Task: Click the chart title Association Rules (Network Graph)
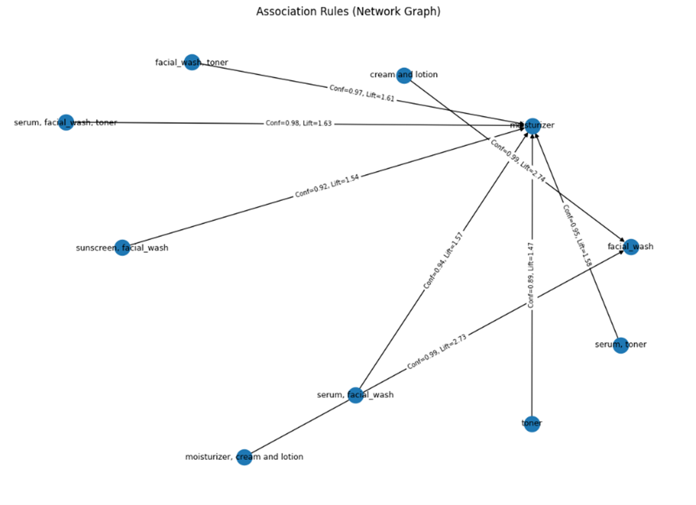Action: (348, 11)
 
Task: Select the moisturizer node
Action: (532, 126)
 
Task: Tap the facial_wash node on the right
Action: (631, 247)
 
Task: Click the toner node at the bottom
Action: (532, 423)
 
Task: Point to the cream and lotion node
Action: (403, 75)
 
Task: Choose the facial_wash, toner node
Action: (192, 62)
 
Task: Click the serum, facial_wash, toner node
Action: (66, 122)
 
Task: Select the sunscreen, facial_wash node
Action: (122, 247)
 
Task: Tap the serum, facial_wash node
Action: (355, 395)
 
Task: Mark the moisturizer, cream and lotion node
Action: (244, 457)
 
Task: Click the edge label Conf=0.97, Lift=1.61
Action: (361, 93)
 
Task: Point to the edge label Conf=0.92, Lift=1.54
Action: (327, 186)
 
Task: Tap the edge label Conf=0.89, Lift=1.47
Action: (532, 274)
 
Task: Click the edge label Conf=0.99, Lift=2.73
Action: (437, 351)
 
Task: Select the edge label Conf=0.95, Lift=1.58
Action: (577, 235)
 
